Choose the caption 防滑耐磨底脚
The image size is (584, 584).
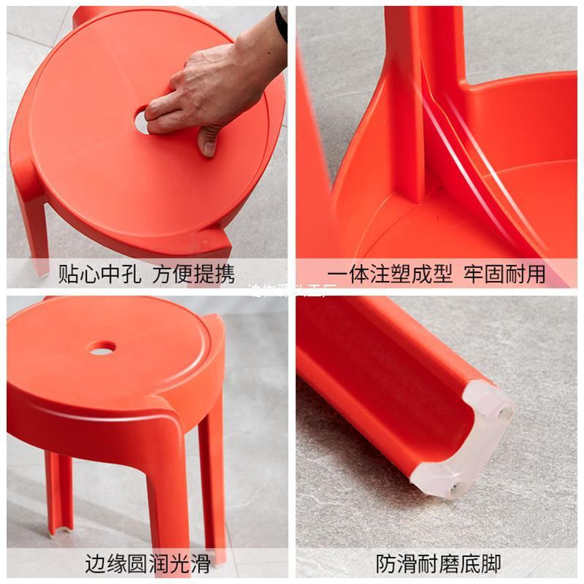(x=438, y=564)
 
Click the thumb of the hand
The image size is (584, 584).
(x=210, y=139)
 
